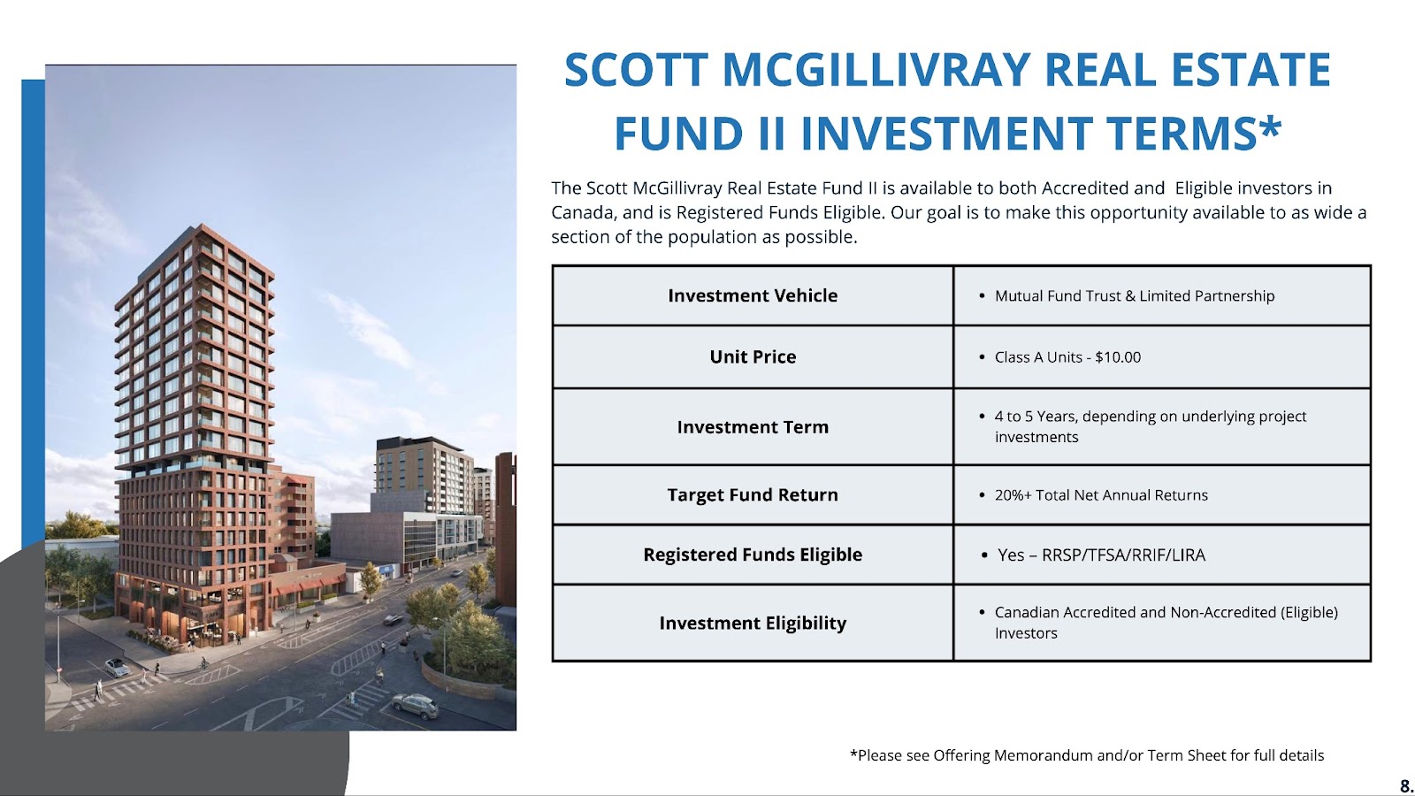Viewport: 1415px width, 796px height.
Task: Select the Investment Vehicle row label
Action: (753, 295)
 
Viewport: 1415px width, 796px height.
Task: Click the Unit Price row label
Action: (753, 357)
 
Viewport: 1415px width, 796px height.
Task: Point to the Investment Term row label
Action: (753, 427)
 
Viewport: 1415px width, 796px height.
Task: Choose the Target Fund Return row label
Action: (753, 494)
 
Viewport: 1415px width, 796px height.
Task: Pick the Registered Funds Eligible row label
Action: (753, 555)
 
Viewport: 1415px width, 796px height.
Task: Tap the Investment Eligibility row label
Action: (753, 624)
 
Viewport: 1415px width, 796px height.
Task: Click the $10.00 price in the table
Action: (1118, 357)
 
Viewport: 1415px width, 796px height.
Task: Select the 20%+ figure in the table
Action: (1013, 494)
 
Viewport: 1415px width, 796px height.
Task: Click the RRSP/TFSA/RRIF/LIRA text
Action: (1123, 555)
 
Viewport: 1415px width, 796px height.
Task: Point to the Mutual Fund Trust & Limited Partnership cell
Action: (1135, 295)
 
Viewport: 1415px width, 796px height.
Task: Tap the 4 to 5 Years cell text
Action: (1151, 426)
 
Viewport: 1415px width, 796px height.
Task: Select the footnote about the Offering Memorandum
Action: (1087, 755)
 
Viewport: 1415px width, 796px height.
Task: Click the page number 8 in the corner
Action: (1406, 786)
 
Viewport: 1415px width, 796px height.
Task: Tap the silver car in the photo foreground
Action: (416, 705)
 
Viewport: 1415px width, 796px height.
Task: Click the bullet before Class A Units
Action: (982, 357)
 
